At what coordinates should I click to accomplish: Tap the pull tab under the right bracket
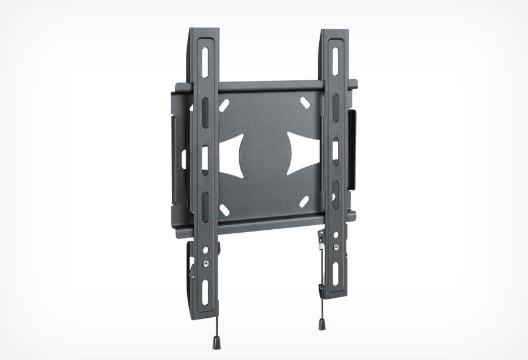coord(322,322)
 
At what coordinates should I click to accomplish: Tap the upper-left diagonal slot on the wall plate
coord(224,106)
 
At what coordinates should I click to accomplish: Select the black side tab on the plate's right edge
coord(353,150)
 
